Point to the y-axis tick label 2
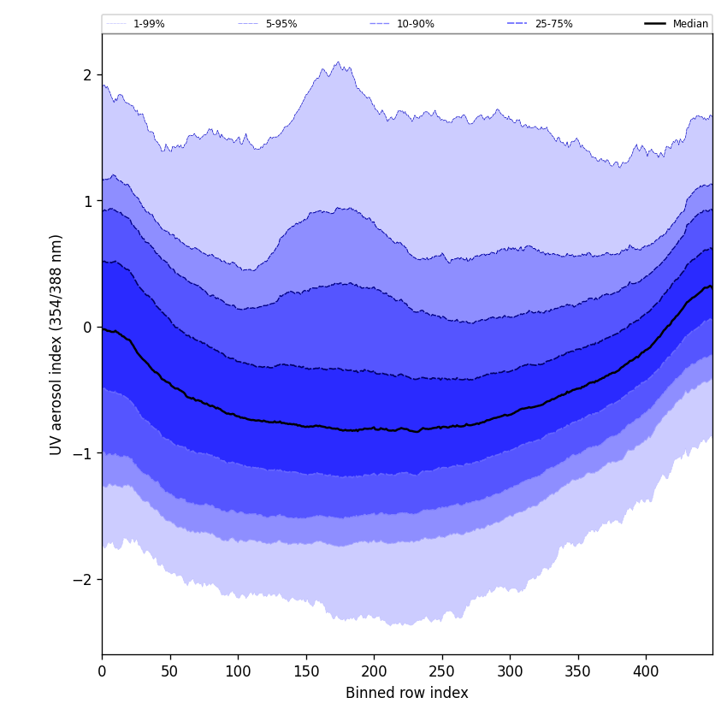(x=87, y=75)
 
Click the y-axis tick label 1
(x=87, y=201)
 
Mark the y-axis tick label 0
(x=87, y=328)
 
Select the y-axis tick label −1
(x=83, y=453)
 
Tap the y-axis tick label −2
(x=83, y=580)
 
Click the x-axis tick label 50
(x=169, y=672)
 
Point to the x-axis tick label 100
(x=238, y=672)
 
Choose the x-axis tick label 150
(x=305, y=672)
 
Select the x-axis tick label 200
(x=374, y=672)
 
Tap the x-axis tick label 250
(x=441, y=672)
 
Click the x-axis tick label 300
(x=510, y=672)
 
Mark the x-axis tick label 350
(x=577, y=672)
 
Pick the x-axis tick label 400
(x=646, y=672)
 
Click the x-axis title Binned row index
(x=407, y=694)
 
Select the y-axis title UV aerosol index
(x=56, y=345)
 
